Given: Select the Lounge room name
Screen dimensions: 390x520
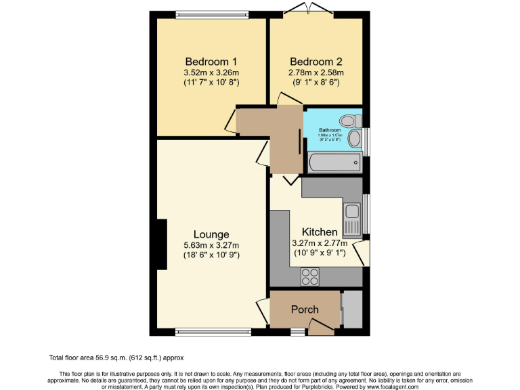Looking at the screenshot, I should pos(210,235).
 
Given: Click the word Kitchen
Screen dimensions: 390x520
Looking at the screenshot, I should pos(319,232).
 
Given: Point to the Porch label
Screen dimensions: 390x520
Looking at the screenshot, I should pos(305,309).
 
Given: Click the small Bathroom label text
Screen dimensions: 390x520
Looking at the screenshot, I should pos(330,129).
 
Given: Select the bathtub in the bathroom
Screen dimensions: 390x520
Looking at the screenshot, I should pos(334,162).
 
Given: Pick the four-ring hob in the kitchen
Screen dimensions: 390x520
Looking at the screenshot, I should pos(310,276).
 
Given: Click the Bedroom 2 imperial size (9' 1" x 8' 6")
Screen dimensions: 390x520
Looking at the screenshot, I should pos(316,83).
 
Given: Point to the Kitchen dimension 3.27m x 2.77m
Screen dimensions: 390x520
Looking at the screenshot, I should pos(319,243).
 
